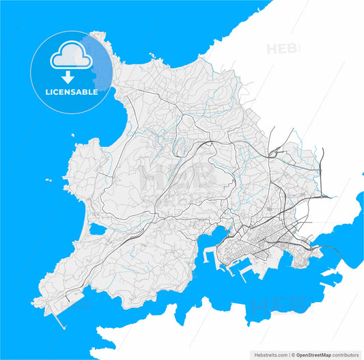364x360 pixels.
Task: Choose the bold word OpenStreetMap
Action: click(x=313, y=355)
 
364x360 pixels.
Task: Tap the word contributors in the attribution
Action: click(x=346, y=355)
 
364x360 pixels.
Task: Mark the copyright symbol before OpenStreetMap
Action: click(x=292, y=355)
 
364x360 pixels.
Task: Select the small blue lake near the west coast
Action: click(x=97, y=230)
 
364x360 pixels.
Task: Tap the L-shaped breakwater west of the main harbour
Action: click(x=208, y=258)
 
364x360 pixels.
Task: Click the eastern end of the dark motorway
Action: click(x=333, y=196)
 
